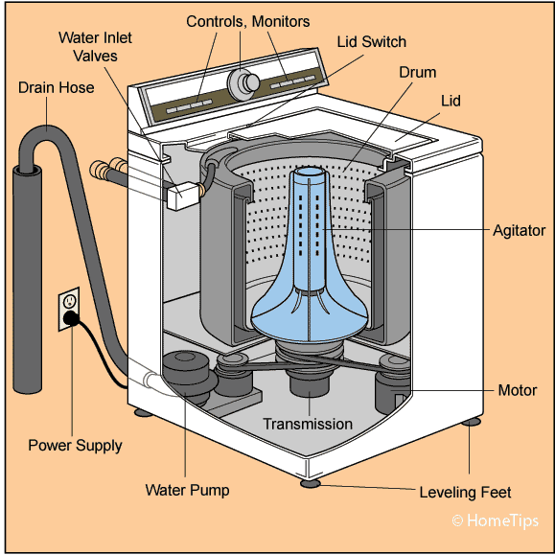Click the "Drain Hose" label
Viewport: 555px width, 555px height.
[x=56, y=87]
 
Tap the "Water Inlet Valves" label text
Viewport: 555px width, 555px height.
[x=95, y=47]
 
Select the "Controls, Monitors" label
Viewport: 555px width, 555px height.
[x=247, y=22]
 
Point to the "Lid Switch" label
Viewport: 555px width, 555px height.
[x=371, y=42]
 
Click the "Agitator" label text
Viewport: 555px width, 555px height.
[x=520, y=230]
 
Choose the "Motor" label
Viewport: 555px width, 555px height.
[x=517, y=390]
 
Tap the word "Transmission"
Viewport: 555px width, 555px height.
[x=308, y=424]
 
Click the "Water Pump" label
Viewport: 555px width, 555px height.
[x=187, y=490]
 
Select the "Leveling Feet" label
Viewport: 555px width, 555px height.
[x=465, y=493]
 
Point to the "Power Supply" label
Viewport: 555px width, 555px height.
[x=75, y=446]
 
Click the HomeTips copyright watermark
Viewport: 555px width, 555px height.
[x=496, y=520]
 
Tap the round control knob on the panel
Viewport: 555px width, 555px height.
[x=243, y=83]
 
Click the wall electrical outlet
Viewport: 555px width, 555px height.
[x=69, y=309]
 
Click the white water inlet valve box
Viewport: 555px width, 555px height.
[x=183, y=196]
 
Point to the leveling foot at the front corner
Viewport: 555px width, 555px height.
[x=310, y=483]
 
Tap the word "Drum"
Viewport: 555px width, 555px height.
[x=418, y=72]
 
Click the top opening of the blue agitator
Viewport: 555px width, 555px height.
[x=310, y=172]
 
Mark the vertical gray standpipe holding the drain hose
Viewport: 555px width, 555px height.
[x=27, y=280]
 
